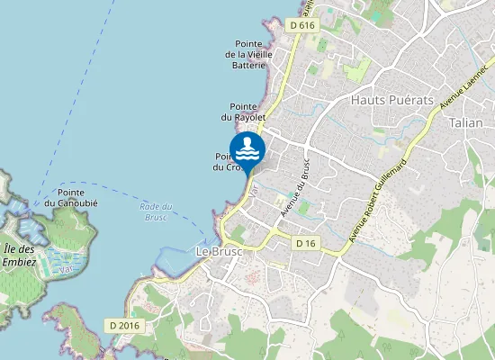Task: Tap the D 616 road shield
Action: pos(303,26)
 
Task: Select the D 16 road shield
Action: pos(306,243)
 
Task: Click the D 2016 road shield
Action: pos(123,325)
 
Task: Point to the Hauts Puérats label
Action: pos(392,99)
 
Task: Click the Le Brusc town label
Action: pos(217,251)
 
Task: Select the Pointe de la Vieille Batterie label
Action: pos(247,54)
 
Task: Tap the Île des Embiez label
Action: pos(18,256)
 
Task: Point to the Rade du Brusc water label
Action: pos(155,212)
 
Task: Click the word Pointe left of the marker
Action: pos(223,155)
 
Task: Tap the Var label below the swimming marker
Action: pos(255,191)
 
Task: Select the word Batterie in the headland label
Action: pos(248,65)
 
